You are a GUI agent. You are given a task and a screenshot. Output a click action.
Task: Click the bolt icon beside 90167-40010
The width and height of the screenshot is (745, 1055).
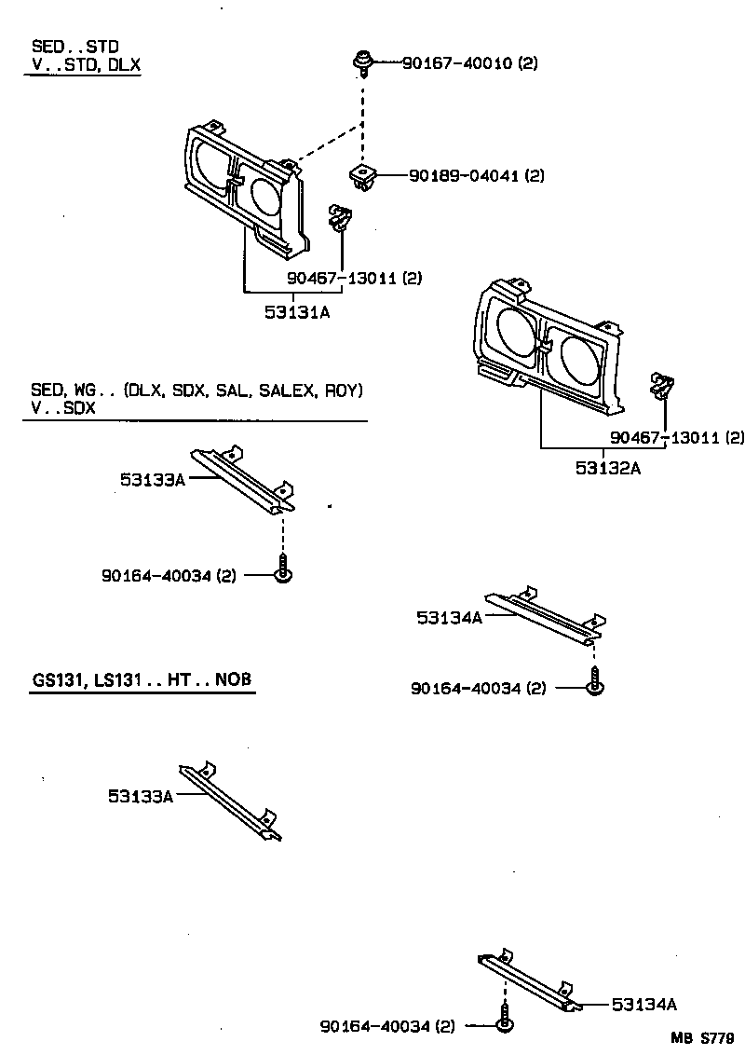[359, 64]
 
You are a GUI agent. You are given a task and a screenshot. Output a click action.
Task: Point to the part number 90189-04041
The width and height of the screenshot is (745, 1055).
[464, 175]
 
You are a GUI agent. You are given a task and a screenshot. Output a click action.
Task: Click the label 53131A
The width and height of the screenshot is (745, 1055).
[296, 313]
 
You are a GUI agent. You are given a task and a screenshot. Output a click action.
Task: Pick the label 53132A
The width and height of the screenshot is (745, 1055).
[607, 469]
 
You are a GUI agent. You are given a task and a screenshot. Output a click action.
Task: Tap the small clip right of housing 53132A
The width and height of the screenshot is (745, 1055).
[662, 383]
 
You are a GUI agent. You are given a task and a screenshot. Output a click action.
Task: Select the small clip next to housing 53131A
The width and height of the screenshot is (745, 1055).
[340, 219]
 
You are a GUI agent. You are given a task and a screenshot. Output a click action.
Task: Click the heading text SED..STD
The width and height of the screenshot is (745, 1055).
[74, 46]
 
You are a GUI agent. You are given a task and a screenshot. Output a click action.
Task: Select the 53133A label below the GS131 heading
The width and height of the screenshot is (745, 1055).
[141, 796]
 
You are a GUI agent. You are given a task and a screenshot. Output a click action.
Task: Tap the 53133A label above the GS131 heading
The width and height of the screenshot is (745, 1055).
[153, 479]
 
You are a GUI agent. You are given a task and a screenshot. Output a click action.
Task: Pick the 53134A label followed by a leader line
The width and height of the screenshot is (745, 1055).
[449, 617]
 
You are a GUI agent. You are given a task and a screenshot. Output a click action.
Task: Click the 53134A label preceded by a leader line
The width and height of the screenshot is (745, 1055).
[644, 1004]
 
